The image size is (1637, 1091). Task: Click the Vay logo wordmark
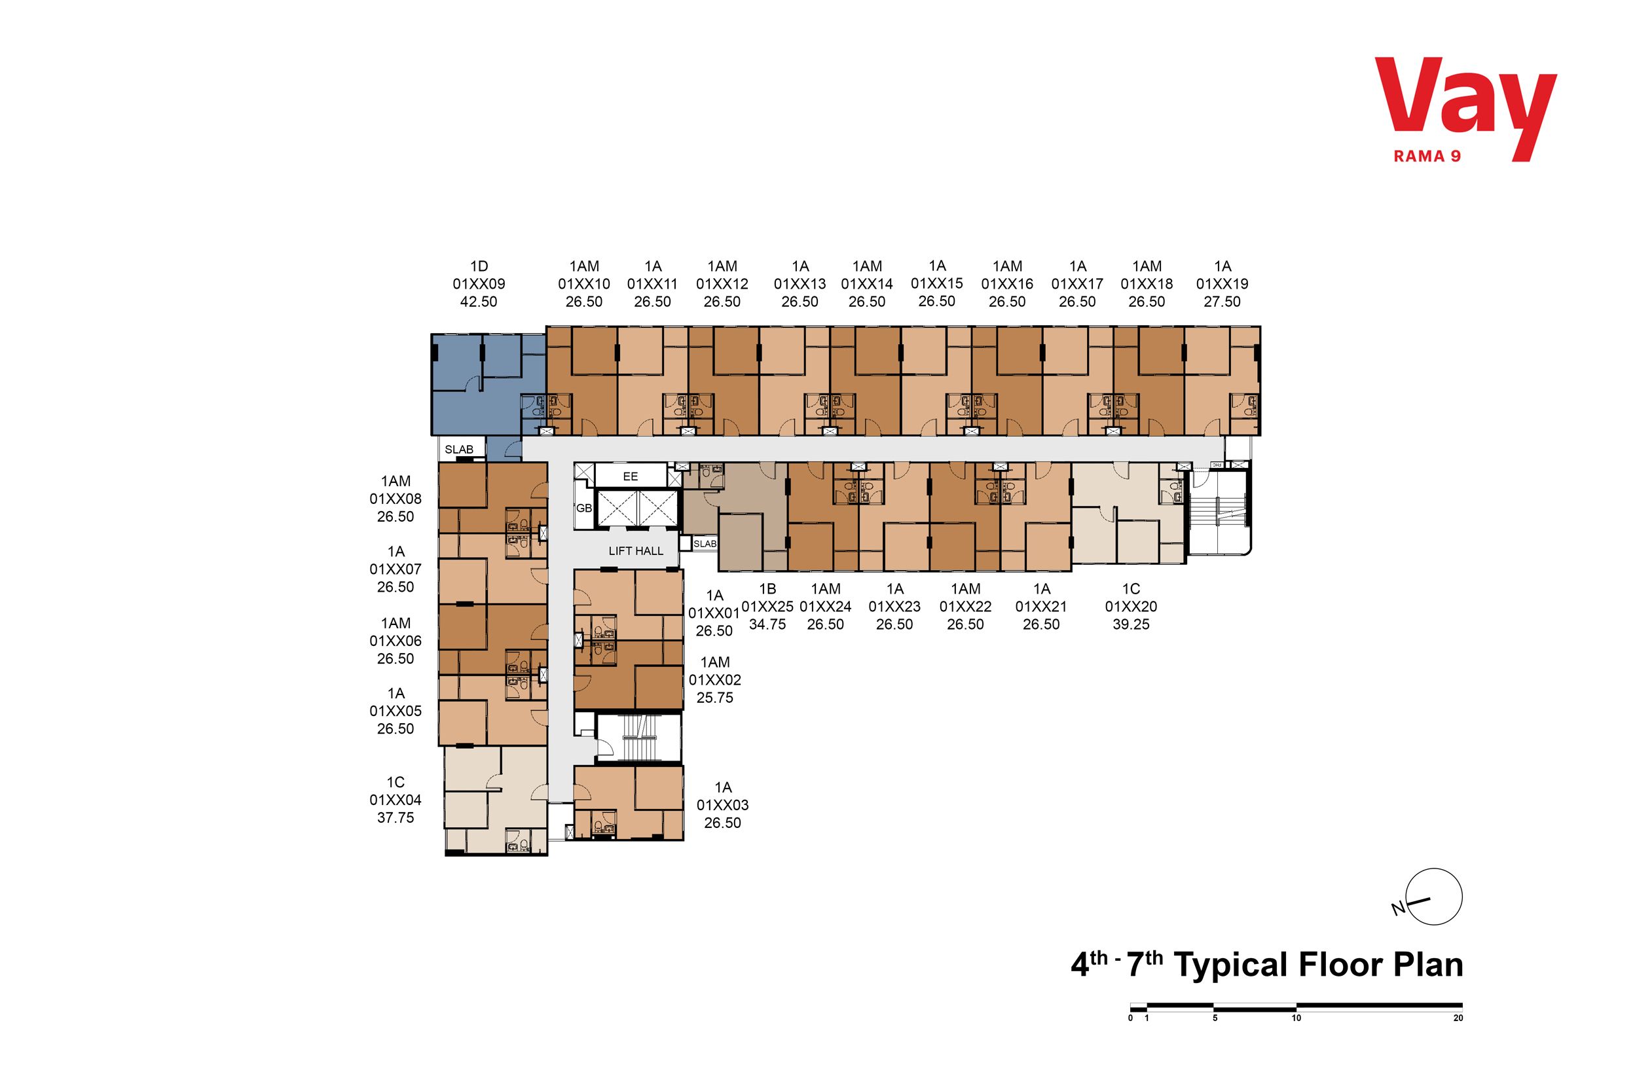tap(1465, 110)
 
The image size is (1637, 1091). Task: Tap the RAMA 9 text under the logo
tap(1427, 156)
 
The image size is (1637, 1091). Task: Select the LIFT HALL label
tap(635, 551)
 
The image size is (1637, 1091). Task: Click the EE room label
tap(630, 476)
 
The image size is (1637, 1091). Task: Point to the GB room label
tap(584, 508)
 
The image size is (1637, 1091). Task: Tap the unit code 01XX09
tap(479, 284)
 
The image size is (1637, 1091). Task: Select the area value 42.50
tap(479, 302)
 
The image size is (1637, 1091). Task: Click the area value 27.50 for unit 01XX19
tap(1222, 302)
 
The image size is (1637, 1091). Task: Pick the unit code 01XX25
tap(767, 607)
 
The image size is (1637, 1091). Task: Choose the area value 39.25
tap(1131, 625)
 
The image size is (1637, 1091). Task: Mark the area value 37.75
tap(395, 818)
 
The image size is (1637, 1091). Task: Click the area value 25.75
tap(715, 698)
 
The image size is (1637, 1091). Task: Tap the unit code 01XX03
tap(722, 805)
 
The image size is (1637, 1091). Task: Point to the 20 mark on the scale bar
tap(1458, 1018)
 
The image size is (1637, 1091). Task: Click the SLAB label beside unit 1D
tap(458, 450)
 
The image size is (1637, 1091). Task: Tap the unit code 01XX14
tap(867, 284)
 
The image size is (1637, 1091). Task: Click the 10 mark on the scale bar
tap(1296, 1018)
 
